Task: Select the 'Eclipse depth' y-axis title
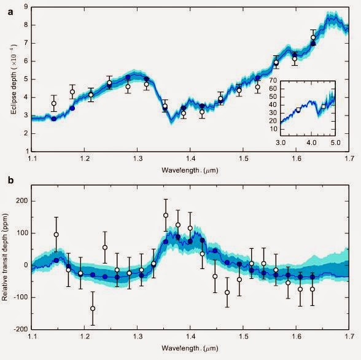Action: [8, 79]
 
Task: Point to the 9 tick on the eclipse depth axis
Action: [26, 8]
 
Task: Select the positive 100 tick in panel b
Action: [22, 233]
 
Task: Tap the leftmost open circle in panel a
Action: [54, 104]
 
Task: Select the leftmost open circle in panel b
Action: [56, 235]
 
